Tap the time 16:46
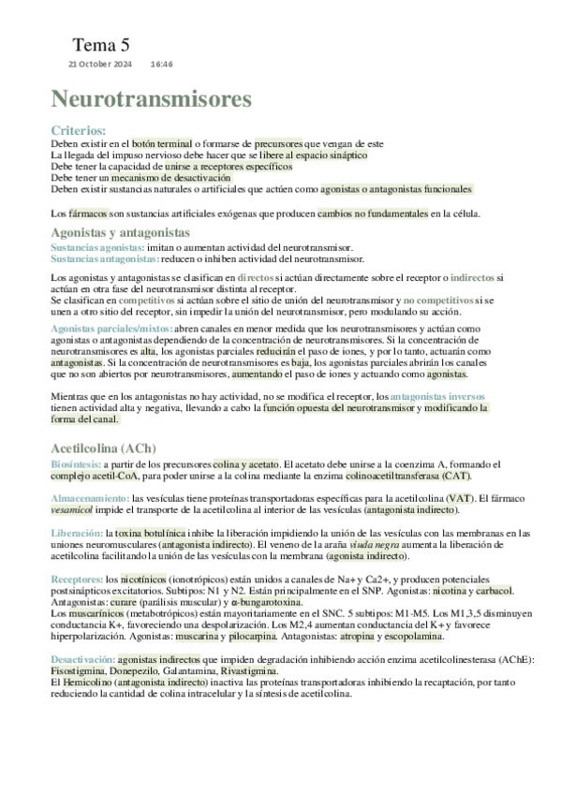pyautogui.click(x=162, y=64)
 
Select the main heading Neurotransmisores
pyautogui.click(x=151, y=99)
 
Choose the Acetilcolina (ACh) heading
pyautogui.click(x=104, y=448)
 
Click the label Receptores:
pyautogui.click(x=77, y=579)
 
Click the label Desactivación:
pyautogui.click(x=83, y=659)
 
